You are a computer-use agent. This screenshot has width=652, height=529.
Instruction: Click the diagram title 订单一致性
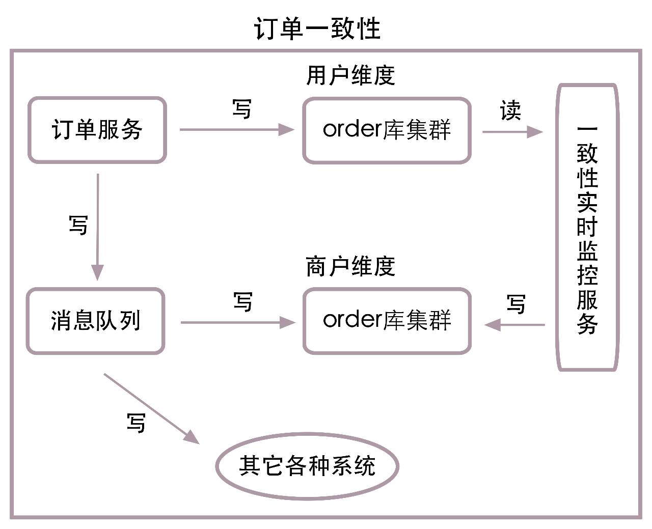(x=317, y=29)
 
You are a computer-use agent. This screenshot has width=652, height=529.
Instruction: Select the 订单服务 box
(x=97, y=130)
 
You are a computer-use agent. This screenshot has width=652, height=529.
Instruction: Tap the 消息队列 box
(x=95, y=321)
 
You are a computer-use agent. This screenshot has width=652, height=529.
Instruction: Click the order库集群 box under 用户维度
(x=387, y=130)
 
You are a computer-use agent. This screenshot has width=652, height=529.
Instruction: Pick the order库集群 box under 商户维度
(x=387, y=321)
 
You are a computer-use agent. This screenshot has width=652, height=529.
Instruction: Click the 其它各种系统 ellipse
(x=307, y=466)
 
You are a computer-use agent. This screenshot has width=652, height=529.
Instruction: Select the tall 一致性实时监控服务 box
(x=587, y=228)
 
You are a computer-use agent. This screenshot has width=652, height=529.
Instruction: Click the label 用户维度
(x=350, y=75)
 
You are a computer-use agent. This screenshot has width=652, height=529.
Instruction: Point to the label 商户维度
(x=350, y=267)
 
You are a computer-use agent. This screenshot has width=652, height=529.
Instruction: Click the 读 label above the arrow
(x=510, y=110)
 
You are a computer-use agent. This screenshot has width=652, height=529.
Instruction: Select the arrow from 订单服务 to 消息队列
(x=97, y=227)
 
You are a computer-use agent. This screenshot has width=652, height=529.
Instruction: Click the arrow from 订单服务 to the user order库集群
(x=237, y=130)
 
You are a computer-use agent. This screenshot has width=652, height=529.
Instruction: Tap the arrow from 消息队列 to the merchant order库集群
(x=238, y=322)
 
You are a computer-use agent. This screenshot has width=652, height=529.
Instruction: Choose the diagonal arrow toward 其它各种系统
(x=151, y=409)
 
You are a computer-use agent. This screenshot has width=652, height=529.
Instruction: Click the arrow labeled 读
(x=512, y=132)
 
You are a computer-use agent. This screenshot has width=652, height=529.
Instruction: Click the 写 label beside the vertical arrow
(x=78, y=225)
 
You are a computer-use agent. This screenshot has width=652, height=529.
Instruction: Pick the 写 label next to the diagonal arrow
(x=136, y=423)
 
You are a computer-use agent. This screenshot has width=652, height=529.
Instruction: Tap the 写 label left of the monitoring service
(x=516, y=304)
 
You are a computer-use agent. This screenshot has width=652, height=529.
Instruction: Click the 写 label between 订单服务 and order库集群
(x=242, y=108)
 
